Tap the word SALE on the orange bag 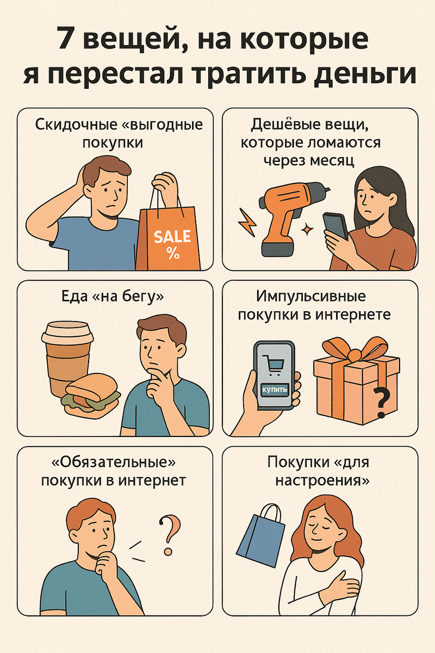tap(172, 236)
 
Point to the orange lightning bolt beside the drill tap(247, 222)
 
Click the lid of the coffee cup tap(67, 333)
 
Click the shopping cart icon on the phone tap(273, 364)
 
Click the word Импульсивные tap(311, 297)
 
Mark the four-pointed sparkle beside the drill tap(307, 229)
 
